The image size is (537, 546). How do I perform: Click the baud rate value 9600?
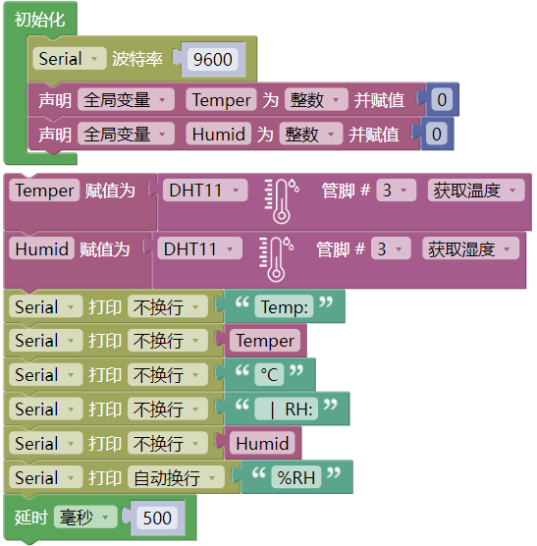pyautogui.click(x=213, y=59)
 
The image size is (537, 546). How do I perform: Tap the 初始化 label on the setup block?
pyautogui.click(x=39, y=20)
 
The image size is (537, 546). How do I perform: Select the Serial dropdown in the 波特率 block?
pyautogui.click(x=70, y=58)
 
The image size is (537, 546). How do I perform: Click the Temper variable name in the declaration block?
pyautogui.click(x=221, y=100)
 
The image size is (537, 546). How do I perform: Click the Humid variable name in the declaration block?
pyautogui.click(x=219, y=135)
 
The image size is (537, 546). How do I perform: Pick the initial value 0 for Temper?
pyautogui.click(x=442, y=99)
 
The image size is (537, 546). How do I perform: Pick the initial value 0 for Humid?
pyautogui.click(x=437, y=135)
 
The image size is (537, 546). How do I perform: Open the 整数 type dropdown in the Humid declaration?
pyautogui.click(x=311, y=135)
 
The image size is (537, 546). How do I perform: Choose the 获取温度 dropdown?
pyautogui.click(x=476, y=191)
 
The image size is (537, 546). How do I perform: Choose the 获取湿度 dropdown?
pyautogui.click(x=470, y=248)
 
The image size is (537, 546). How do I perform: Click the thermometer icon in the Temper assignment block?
pyautogui.click(x=281, y=201)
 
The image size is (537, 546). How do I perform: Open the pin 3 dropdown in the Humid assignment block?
pyautogui.click(x=391, y=248)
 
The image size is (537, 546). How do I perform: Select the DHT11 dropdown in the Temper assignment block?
pyautogui.click(x=205, y=191)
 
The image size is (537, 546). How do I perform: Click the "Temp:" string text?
pyautogui.click(x=284, y=307)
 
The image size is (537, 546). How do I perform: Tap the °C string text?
pyautogui.click(x=269, y=375)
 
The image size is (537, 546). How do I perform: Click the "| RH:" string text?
pyautogui.click(x=287, y=409)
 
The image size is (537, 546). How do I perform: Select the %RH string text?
pyautogui.click(x=296, y=477)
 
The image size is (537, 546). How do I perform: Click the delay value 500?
pyautogui.click(x=157, y=518)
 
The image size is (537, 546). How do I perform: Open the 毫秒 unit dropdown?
pyautogui.click(x=85, y=518)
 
